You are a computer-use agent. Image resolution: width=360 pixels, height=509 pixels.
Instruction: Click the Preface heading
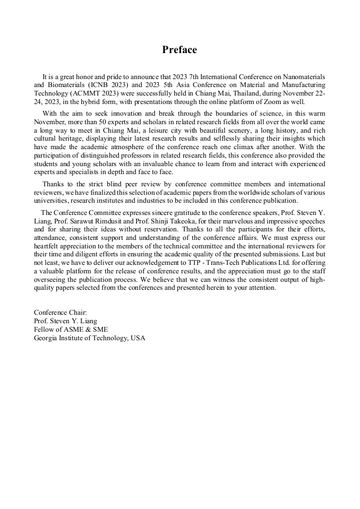[179, 50]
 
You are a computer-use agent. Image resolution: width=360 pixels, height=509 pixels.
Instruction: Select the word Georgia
[47, 338]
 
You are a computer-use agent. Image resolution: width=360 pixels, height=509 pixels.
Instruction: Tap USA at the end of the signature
[138, 338]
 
